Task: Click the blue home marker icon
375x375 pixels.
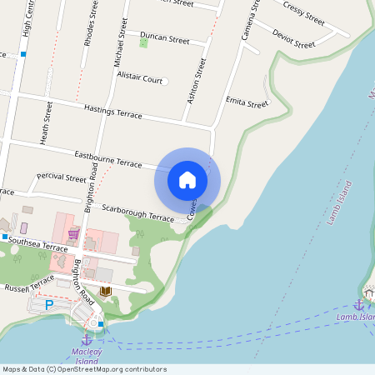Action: [x=187, y=179]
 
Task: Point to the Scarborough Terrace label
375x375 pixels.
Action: [x=137, y=212]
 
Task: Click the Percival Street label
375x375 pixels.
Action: [x=61, y=177]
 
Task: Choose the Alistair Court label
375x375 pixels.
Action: [x=139, y=79]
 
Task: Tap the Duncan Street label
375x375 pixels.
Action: [x=165, y=38]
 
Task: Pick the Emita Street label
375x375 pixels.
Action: [x=247, y=103]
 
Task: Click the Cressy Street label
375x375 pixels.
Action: [x=303, y=13]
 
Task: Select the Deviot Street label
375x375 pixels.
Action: [x=293, y=38]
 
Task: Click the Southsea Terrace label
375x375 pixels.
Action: [x=38, y=247]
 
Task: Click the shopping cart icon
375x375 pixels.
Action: [x=73, y=234]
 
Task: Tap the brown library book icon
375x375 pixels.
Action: [x=105, y=291]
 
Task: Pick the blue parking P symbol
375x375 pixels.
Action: [x=48, y=305]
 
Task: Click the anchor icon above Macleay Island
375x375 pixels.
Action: [x=86, y=339]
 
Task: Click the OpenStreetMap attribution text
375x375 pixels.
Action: [x=83, y=369]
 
